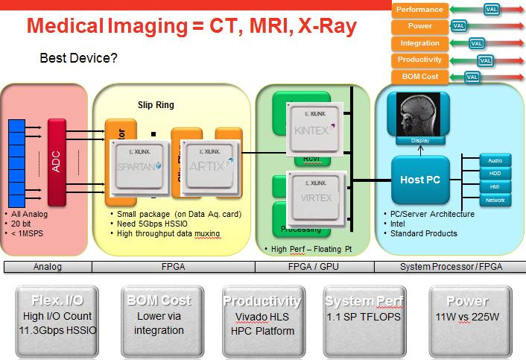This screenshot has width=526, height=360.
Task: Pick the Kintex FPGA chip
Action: tap(317, 128)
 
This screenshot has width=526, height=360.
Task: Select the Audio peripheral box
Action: tap(495, 160)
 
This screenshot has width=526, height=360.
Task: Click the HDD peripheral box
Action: tap(495, 173)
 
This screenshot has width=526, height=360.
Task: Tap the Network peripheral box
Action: tap(495, 200)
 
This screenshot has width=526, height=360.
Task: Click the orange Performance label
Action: tap(419, 10)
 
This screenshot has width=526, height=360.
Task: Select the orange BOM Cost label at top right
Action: tap(419, 77)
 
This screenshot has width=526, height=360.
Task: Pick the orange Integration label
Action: tap(419, 43)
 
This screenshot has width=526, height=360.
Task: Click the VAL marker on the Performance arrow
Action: tap(491, 10)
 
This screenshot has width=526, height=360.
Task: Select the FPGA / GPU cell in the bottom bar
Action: tap(314, 266)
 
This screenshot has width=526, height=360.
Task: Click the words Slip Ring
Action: tap(156, 105)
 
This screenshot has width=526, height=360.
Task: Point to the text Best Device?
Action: tap(78, 57)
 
